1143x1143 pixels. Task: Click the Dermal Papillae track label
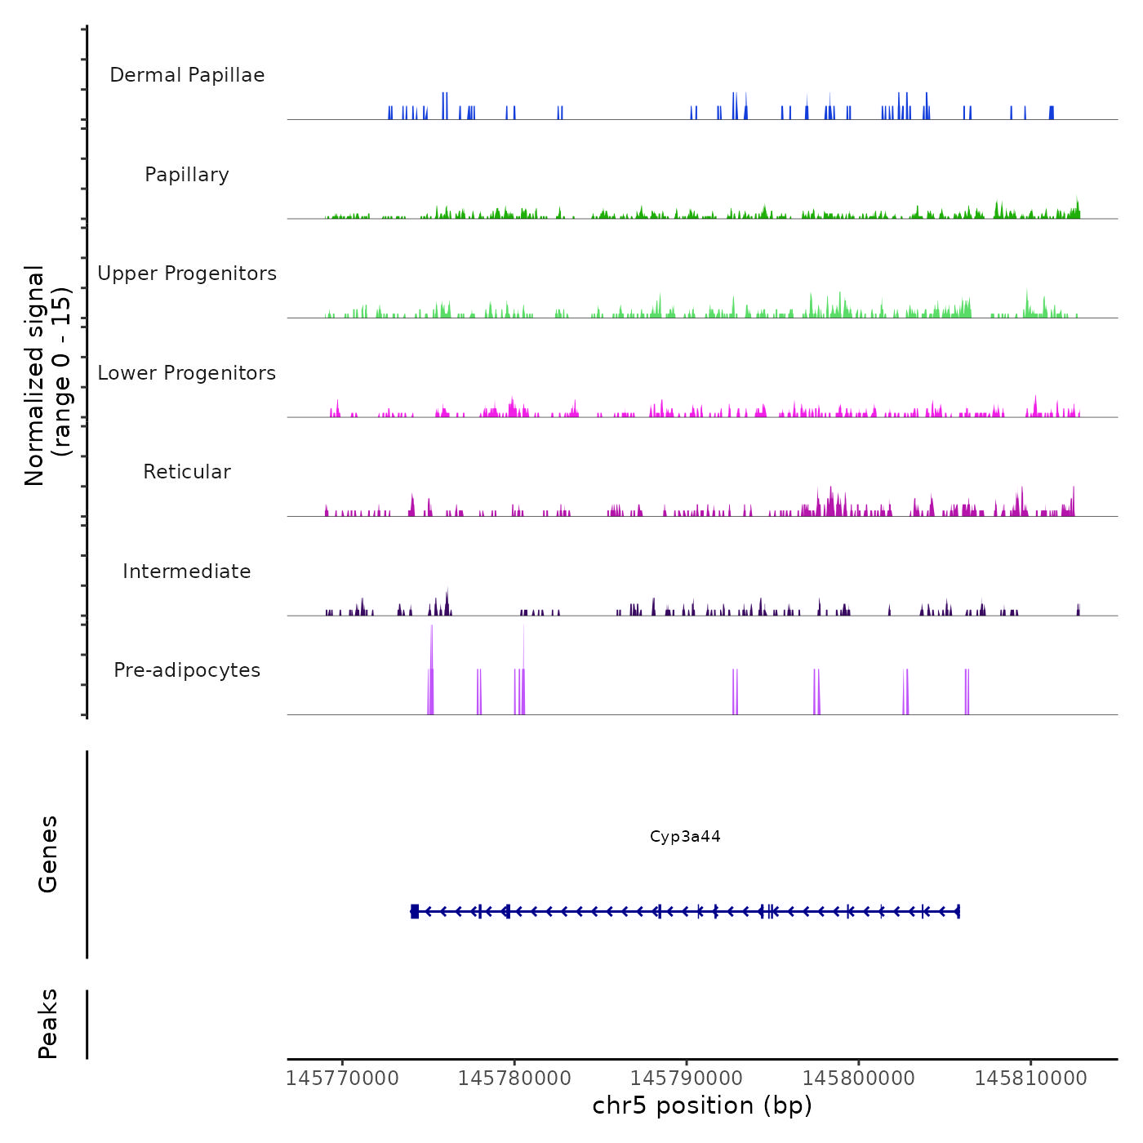187,75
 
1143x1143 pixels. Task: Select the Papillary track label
187,175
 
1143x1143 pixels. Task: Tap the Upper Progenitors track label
187,274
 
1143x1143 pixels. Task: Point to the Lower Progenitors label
187,373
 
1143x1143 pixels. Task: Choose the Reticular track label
187,472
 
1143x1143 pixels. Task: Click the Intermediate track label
187,571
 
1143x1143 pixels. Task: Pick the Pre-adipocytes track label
187,670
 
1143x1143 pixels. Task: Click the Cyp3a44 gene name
685,837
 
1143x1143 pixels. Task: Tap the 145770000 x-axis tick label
343,1079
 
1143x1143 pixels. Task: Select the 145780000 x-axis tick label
514,1079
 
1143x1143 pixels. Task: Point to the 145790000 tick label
687,1079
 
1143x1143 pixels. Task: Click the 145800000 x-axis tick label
859,1079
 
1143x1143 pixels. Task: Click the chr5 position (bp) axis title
702,1105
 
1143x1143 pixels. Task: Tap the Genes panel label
48,854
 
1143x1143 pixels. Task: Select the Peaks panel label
48,1024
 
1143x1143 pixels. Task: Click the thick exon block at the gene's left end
415,911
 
